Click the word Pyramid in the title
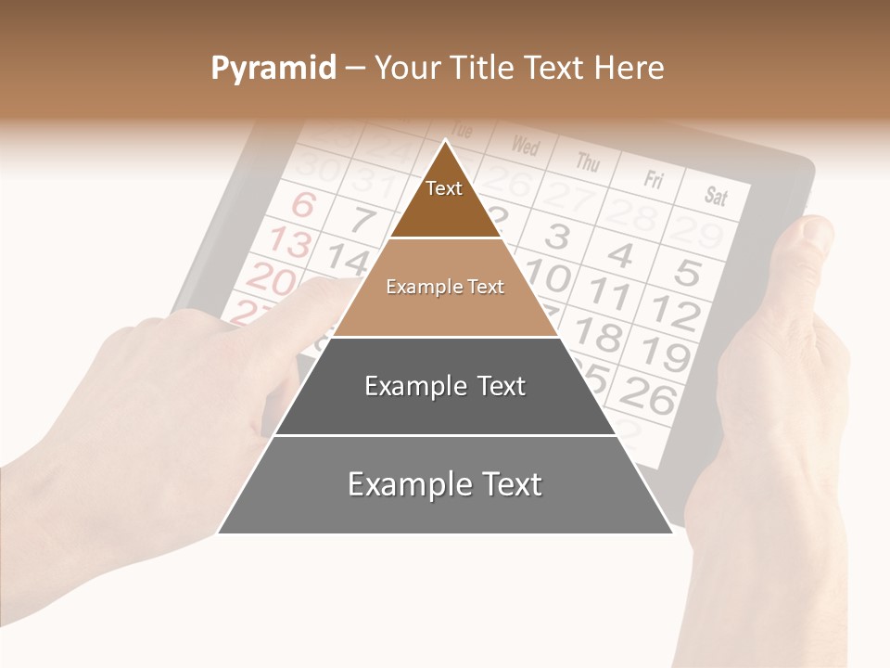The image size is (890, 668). pos(273,69)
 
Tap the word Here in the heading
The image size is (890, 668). pos(629,69)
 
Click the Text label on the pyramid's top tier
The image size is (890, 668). pos(444,188)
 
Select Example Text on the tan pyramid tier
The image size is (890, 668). pos(445,288)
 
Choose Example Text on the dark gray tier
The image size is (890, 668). pos(445,386)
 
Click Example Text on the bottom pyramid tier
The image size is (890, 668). pos(445,484)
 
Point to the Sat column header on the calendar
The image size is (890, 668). pos(716,196)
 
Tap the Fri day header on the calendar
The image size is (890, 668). pos(655,179)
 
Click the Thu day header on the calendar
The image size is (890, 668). pos(588,162)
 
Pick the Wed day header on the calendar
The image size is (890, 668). pos(525,146)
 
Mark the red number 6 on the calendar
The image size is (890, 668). pos(303,203)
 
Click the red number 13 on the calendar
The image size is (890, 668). pos(289,242)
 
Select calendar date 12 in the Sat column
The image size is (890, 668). pos(673,313)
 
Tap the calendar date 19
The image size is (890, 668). pos(665,353)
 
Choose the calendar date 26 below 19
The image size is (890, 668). pos(648,397)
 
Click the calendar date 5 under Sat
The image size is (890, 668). pos(687,273)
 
